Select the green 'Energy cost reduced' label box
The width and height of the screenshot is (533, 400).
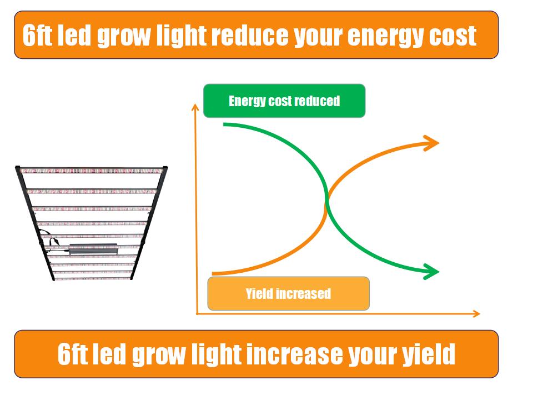(x=284, y=101)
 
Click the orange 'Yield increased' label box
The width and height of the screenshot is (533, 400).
(x=288, y=293)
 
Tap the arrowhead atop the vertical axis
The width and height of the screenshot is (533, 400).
(x=195, y=107)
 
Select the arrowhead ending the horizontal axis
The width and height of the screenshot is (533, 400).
(x=476, y=313)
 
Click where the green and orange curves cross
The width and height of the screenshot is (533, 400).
(x=326, y=200)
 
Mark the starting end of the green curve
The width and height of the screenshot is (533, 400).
(x=224, y=124)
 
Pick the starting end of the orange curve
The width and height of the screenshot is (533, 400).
(x=213, y=273)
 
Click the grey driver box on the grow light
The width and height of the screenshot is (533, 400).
(x=93, y=249)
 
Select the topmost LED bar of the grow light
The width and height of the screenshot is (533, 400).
(x=91, y=171)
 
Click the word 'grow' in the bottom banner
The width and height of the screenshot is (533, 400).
(x=158, y=356)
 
